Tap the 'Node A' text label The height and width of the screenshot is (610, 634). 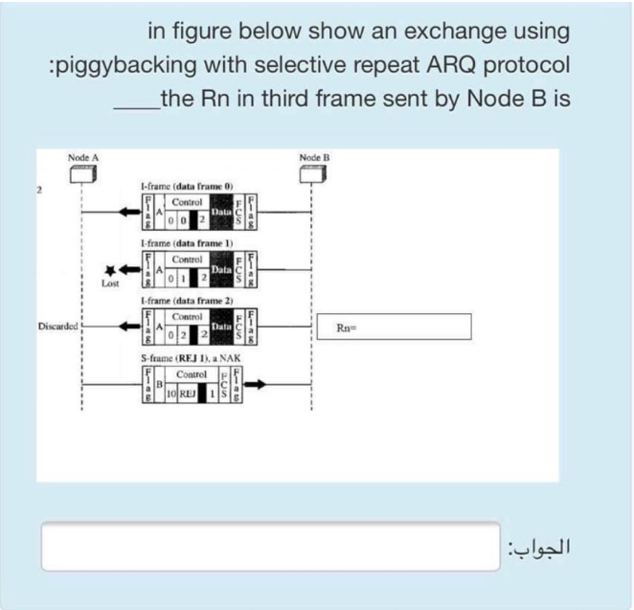[83, 156]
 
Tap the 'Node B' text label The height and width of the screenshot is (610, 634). [313, 156]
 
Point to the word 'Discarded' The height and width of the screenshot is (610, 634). [59, 326]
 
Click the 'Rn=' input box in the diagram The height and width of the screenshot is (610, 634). [395, 328]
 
